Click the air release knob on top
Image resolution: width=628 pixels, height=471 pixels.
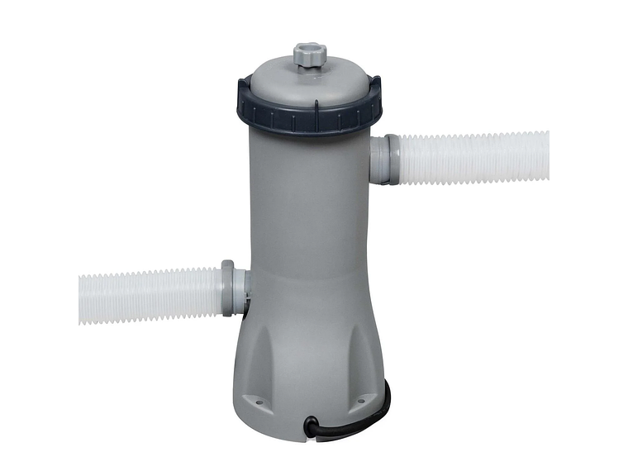308,55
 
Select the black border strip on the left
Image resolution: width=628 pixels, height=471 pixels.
39,235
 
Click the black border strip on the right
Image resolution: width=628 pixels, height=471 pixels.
588,235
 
